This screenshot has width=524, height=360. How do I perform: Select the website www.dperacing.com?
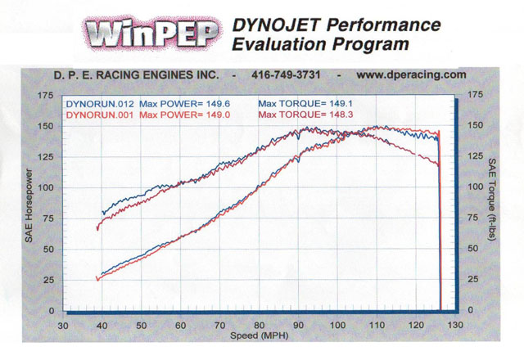(412, 74)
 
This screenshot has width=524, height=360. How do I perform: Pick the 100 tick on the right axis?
(474, 187)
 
